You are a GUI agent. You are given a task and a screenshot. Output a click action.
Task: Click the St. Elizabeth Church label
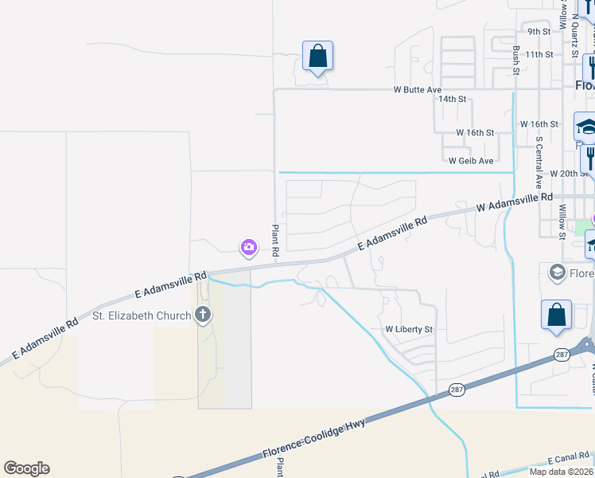coord(142,315)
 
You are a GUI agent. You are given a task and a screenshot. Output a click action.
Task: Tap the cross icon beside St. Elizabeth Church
coord(203,315)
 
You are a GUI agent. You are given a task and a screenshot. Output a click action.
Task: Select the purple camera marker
coord(249,248)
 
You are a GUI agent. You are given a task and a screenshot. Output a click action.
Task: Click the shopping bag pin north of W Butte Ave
coord(317,57)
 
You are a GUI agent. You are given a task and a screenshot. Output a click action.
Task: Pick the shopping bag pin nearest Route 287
coord(557,315)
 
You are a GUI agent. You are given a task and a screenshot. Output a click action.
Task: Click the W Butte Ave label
coord(417,90)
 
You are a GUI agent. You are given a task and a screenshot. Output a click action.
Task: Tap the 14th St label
coord(452,100)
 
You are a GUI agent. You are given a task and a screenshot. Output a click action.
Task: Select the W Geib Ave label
coord(471,161)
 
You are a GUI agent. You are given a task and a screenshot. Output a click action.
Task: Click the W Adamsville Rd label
coord(514,202)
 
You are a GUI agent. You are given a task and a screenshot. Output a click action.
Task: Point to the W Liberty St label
coord(409,329)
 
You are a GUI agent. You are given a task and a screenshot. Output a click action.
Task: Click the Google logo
coord(26,468)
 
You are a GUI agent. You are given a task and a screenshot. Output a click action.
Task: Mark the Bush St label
coord(516,60)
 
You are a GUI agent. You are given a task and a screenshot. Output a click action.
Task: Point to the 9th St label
coord(539,32)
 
